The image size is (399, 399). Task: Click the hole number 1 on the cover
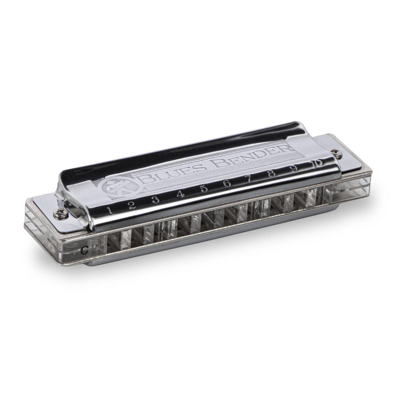[110, 211]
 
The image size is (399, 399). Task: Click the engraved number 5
[204, 189]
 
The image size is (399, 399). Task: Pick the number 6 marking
[227, 183]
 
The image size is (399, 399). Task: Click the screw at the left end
[57, 213]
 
